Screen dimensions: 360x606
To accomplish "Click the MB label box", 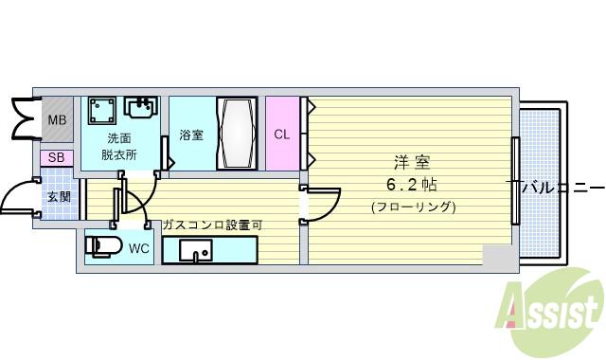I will (58, 120).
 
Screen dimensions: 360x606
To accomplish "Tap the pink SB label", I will (57, 158).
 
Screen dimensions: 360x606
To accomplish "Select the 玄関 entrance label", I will (59, 197).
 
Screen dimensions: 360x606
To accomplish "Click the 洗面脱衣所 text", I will (121, 146).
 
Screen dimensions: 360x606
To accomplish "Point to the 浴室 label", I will (191, 135).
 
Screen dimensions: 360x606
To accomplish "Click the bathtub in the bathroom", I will (236, 134).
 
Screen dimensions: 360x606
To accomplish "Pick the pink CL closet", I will (281, 134).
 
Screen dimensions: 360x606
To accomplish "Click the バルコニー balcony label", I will (562, 186).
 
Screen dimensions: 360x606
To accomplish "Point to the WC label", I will (139, 249).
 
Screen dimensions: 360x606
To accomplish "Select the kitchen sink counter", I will (208, 251).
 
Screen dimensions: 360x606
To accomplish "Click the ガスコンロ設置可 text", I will (212, 225).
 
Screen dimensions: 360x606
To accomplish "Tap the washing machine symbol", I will (102, 113).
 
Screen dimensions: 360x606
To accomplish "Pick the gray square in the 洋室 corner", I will (497, 256).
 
